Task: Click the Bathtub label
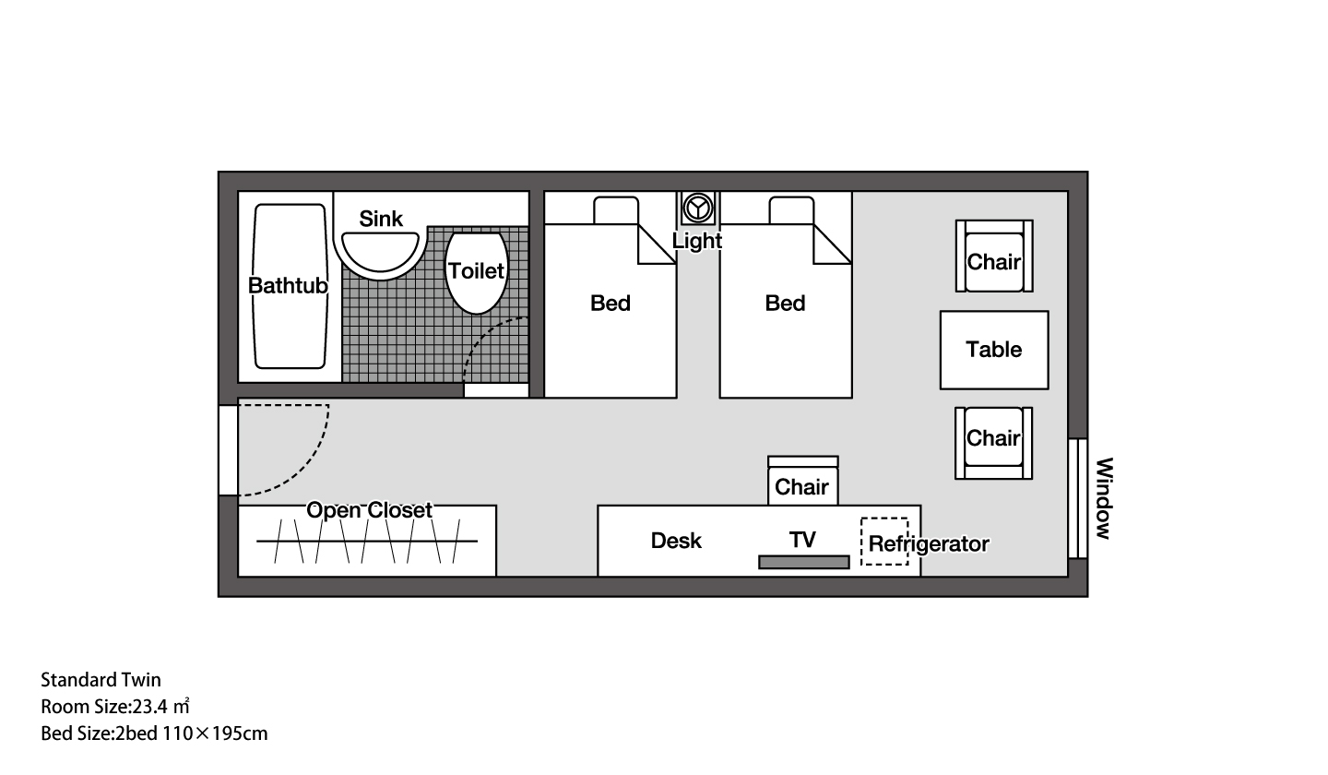[x=288, y=286]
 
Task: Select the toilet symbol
[x=476, y=272]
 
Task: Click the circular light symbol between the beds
[x=698, y=209]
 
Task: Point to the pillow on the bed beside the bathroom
[x=616, y=210]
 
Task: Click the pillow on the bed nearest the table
[x=791, y=210]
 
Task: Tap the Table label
[x=993, y=350]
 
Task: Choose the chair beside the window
[x=993, y=443]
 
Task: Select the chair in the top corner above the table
[x=994, y=256]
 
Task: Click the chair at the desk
[x=802, y=481]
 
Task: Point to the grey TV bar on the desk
[x=804, y=562]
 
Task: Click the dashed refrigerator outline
[x=884, y=542]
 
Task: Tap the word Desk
[x=676, y=540]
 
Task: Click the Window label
[x=1103, y=498]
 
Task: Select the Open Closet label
[x=369, y=510]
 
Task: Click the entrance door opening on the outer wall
[x=229, y=450]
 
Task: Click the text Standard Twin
[x=101, y=680]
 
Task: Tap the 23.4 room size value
[x=150, y=706]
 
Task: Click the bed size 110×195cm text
[x=215, y=733]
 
